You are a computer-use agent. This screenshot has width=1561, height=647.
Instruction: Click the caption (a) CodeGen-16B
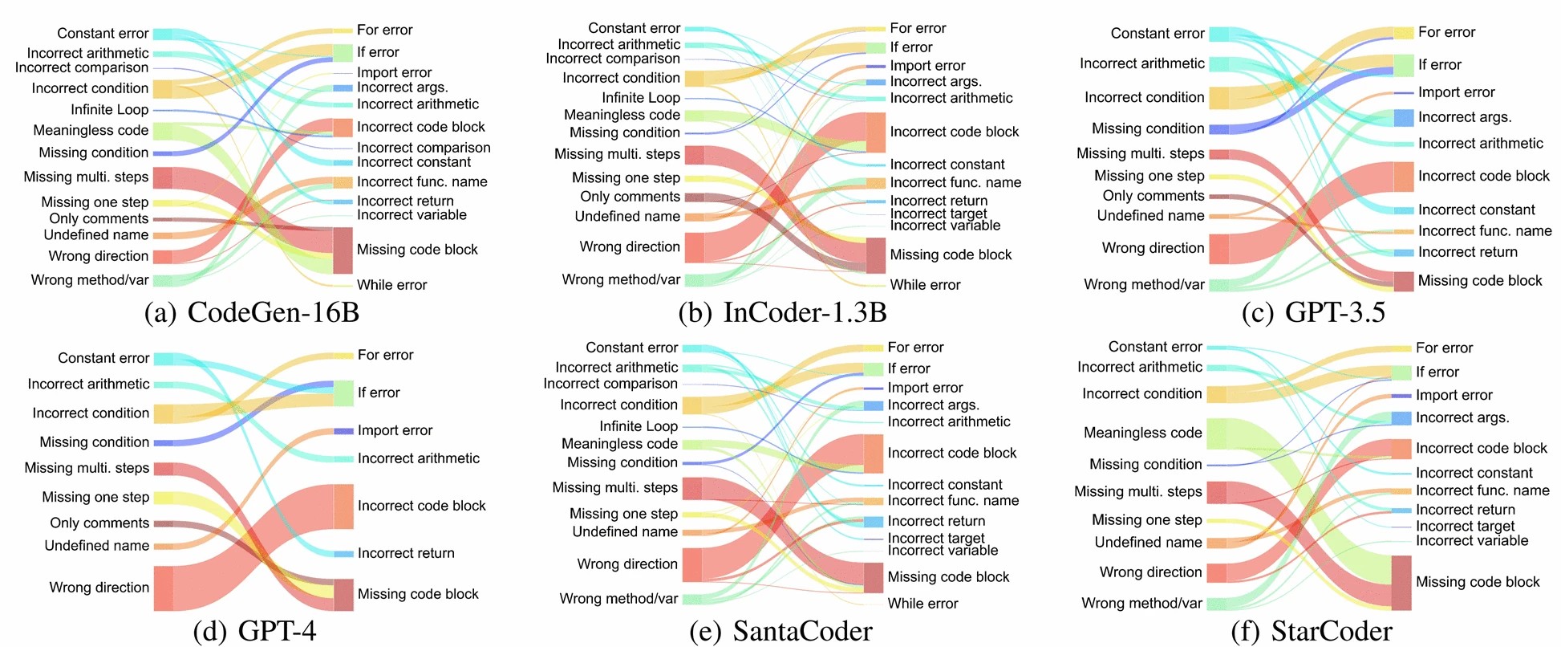click(x=251, y=312)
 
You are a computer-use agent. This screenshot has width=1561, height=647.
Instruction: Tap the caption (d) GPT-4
click(x=255, y=631)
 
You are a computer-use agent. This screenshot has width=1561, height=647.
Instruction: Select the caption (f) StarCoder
click(x=1311, y=631)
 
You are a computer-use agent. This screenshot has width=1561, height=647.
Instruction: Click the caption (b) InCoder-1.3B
click(x=782, y=312)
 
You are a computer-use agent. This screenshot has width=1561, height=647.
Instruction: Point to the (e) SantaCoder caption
click(x=780, y=631)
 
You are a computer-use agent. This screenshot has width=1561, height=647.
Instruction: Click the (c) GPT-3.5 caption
click(x=1313, y=312)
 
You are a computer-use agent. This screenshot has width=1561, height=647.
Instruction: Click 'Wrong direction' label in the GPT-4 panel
click(x=99, y=588)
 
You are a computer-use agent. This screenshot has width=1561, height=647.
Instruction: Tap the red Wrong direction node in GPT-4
click(x=163, y=588)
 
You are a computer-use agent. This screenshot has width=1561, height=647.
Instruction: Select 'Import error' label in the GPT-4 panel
click(x=395, y=430)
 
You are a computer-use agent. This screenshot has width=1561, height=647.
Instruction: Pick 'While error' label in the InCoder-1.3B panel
click(x=925, y=285)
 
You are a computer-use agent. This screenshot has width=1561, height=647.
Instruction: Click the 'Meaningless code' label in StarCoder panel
click(x=1142, y=433)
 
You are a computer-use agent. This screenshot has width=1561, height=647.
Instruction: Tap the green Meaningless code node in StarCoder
click(x=1216, y=433)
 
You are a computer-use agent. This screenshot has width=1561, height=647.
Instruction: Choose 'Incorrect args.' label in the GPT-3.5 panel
click(x=1465, y=117)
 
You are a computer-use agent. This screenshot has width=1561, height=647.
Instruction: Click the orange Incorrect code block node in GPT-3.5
click(x=1403, y=177)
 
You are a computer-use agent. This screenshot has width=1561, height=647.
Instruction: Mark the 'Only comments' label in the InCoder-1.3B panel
click(x=630, y=197)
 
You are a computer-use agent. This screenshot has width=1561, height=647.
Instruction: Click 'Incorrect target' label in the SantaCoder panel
click(x=936, y=538)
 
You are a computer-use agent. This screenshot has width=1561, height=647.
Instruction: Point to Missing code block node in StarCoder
click(x=1401, y=583)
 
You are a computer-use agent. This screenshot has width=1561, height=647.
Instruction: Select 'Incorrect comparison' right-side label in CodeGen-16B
click(x=424, y=148)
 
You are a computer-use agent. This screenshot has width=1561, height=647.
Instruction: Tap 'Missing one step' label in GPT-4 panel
click(x=95, y=498)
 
